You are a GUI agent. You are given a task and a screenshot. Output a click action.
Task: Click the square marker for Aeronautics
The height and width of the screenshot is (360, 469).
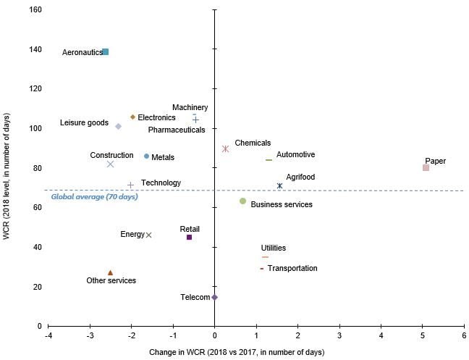coord(106,52)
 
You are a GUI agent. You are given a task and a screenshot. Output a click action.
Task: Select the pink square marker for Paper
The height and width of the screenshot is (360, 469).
coord(426,168)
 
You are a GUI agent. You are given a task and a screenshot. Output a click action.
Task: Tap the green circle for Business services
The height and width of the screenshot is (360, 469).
coord(242,201)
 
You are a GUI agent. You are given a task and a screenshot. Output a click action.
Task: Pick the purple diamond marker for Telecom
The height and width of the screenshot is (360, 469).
coord(214,297)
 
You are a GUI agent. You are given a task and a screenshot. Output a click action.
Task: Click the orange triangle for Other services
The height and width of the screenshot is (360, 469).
coord(110,272)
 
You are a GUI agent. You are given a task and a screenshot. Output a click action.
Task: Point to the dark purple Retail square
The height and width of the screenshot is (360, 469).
coord(189,237)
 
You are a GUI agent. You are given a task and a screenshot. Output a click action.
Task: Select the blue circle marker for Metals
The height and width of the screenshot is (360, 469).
coord(147,156)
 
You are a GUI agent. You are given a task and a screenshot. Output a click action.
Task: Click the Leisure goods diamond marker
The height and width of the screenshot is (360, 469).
coord(118,126)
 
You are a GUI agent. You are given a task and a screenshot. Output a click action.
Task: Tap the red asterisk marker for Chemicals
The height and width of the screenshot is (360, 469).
coord(226,148)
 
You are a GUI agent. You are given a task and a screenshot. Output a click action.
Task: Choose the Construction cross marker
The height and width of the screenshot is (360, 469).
coord(110,164)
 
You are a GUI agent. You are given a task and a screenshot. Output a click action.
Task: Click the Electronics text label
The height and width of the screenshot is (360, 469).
coord(156,117)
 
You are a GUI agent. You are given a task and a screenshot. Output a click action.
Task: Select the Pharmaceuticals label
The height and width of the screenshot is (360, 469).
coord(176,130)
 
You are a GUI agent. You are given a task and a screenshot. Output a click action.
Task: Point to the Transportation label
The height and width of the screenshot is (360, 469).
coord(292,268)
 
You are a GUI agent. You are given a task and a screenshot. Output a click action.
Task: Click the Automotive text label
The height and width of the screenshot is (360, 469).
coord(295,154)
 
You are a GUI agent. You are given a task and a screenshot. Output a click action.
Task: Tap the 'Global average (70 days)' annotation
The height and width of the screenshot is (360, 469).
coord(94,197)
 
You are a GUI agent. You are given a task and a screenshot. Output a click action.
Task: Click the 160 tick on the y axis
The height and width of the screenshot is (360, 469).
coord(35,10)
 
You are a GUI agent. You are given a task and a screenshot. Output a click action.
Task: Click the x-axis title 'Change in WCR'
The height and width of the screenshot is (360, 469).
coord(256,352)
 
